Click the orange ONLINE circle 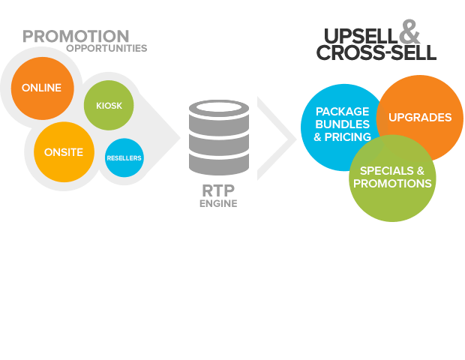tap(42, 88)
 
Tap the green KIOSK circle tap(109, 106)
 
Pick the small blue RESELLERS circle tap(124, 158)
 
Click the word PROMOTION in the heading tap(76, 36)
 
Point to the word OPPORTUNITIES tap(106, 49)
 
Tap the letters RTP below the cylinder tap(218, 190)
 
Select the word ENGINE tap(218, 203)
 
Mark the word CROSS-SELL tap(375, 53)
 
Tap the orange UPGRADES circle tap(420, 117)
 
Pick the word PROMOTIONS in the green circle tap(392, 184)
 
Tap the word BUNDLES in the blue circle tap(342, 124)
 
